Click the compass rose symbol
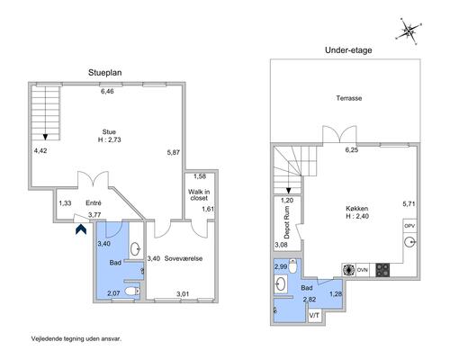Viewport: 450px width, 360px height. click(409, 31)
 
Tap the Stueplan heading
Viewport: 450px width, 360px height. click(105, 73)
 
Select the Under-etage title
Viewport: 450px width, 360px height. click(348, 50)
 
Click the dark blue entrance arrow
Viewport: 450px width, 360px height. click(81, 229)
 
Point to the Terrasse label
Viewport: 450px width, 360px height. click(349, 98)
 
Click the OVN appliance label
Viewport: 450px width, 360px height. click(363, 270)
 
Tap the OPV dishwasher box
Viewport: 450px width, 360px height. click(409, 226)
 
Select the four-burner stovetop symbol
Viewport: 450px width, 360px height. click(382, 270)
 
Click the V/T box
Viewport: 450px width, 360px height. click(315, 316)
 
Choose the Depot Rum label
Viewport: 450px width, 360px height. click(287, 222)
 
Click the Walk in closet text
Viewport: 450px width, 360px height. click(199, 194)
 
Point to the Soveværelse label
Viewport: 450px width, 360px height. click(184, 258)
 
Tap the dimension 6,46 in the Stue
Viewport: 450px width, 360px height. click(107, 91)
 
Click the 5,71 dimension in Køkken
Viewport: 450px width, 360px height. click(409, 203)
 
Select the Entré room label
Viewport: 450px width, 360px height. click(94, 202)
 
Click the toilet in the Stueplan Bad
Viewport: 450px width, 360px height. click(132, 291)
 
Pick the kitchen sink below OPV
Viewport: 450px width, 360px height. click(409, 241)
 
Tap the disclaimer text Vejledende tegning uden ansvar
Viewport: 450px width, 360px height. click(76, 338)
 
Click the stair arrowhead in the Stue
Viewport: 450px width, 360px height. click(45, 137)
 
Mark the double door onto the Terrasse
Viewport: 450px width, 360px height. click(339, 134)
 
